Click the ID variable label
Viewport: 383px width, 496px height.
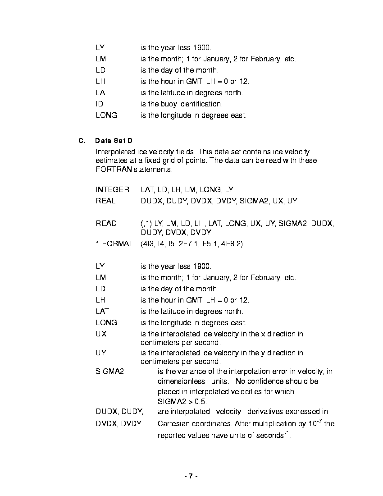point(99,104)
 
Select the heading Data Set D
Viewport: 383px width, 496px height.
point(114,141)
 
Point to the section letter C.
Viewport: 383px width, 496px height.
point(82,141)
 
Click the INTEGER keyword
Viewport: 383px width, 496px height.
point(112,190)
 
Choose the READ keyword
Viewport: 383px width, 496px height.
point(106,224)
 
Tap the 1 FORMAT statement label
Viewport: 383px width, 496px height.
point(114,244)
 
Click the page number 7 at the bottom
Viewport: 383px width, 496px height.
point(191,476)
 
